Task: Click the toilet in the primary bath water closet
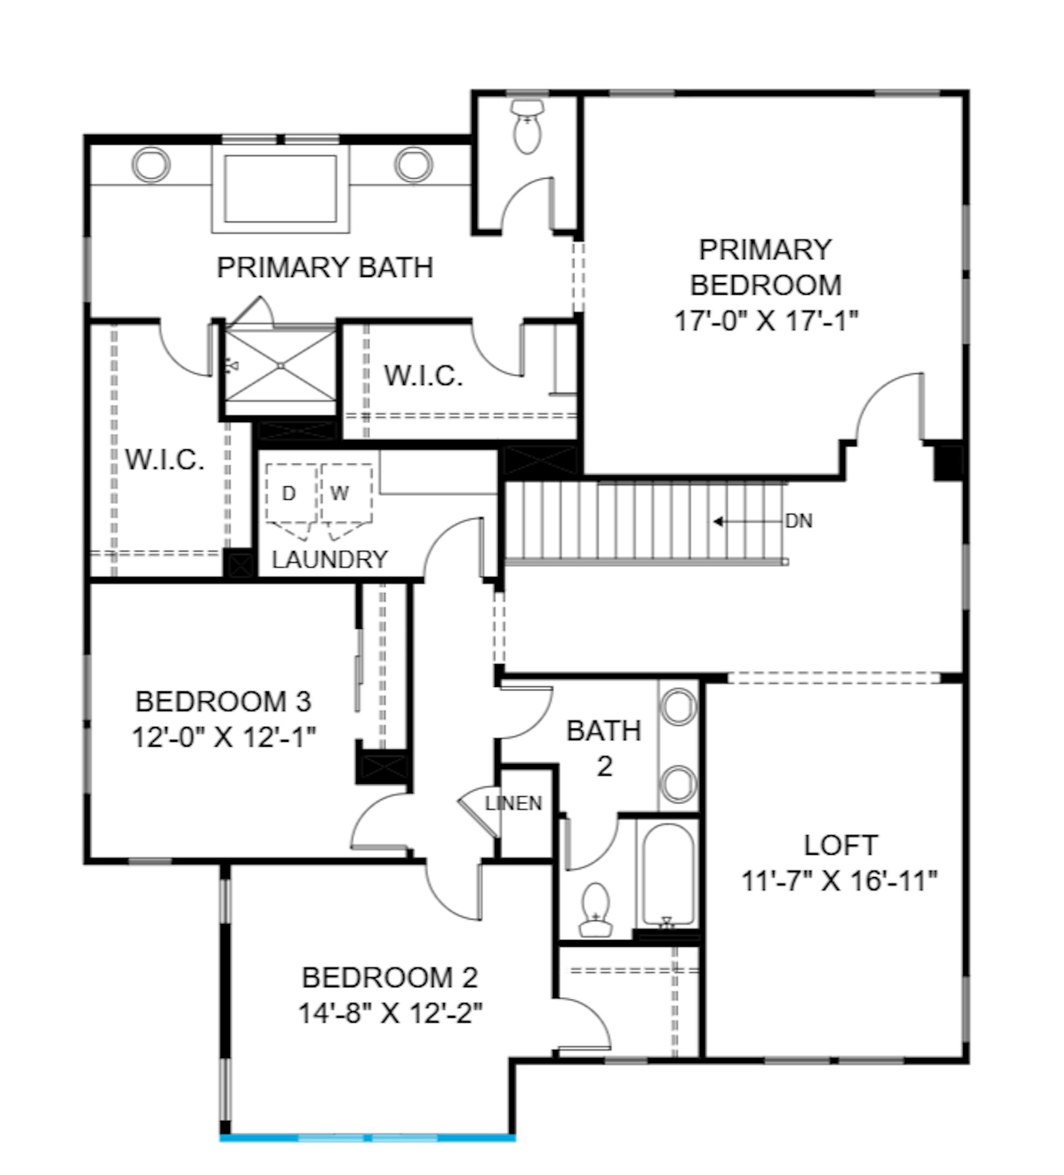coord(527,126)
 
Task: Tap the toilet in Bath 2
coord(595,910)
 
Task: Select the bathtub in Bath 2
coord(668,875)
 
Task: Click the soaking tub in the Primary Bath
coord(280,189)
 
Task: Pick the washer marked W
coord(346,494)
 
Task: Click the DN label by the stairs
coord(799,521)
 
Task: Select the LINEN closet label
coord(514,803)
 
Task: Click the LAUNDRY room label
coord(329,560)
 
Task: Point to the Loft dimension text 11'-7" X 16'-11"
coord(840,881)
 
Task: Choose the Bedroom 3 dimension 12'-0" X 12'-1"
coord(224,737)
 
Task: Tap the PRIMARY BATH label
coord(325,268)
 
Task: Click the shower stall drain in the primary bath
coord(280,366)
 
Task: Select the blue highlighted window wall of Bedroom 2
coord(367,1138)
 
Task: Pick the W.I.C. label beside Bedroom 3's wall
coord(165,460)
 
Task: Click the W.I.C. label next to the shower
coord(423,376)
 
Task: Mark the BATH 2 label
coord(604,749)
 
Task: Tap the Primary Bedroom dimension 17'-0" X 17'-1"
coord(766,321)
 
